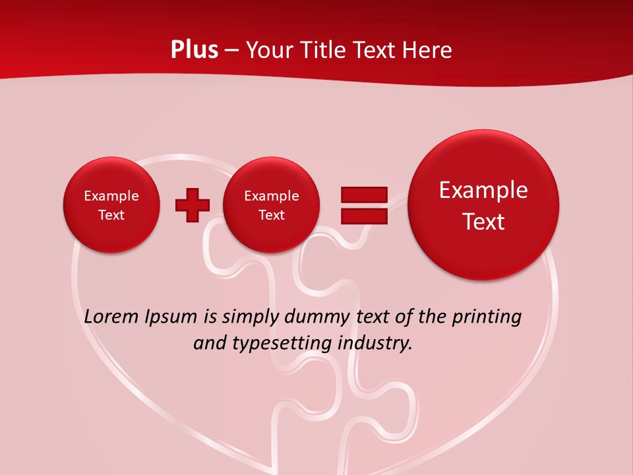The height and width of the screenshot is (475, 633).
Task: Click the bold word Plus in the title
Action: (x=194, y=50)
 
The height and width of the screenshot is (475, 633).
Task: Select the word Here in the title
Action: (x=429, y=50)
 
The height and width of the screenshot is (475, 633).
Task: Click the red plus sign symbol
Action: (x=192, y=205)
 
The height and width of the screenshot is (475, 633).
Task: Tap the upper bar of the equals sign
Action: (x=363, y=195)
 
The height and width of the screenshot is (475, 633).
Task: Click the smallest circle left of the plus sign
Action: (x=111, y=205)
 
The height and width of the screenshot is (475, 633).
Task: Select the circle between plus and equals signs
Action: (x=272, y=205)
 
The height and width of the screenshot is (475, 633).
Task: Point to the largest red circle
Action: (x=483, y=205)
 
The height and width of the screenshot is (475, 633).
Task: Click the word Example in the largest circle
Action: (x=483, y=190)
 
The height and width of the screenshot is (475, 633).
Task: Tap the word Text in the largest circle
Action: (x=483, y=222)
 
